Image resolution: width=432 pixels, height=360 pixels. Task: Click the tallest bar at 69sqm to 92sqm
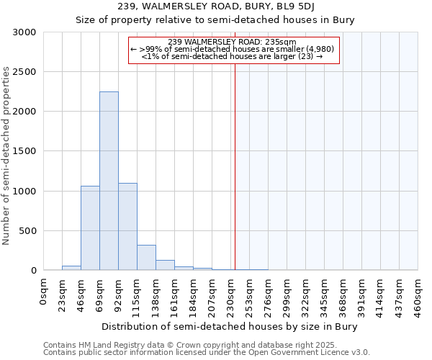[x=109, y=181]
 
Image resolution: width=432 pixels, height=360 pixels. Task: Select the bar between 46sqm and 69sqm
[x=90, y=228]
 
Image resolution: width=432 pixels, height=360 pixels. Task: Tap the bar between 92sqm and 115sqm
[x=127, y=226]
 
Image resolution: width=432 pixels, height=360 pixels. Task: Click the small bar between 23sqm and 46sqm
[x=71, y=268]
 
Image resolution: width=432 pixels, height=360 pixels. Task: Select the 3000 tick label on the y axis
[x=24, y=32]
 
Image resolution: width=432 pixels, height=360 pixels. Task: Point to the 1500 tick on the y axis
[x=24, y=152]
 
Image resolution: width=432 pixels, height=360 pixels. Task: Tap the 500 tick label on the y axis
[x=27, y=231]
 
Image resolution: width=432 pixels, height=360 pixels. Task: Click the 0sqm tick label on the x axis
[x=44, y=290]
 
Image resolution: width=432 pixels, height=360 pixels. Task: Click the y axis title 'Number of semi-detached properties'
[x=7, y=156]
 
